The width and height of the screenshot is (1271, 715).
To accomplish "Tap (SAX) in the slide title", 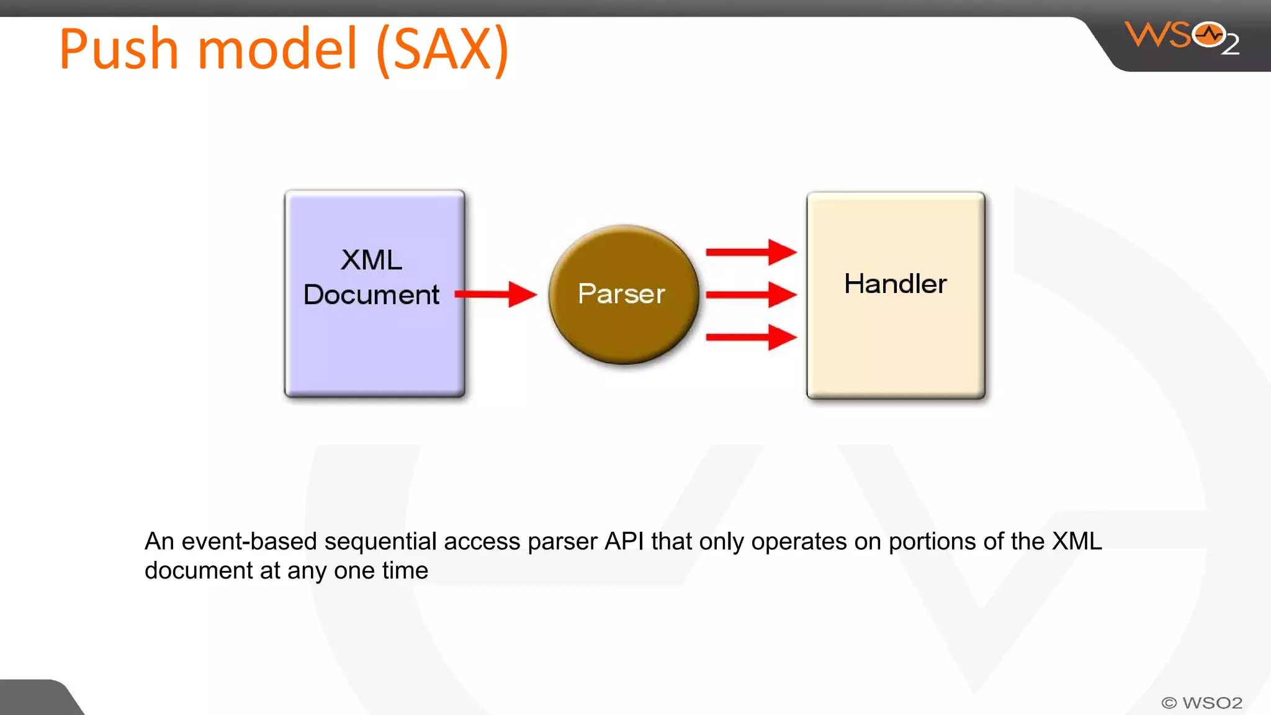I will point(442,50).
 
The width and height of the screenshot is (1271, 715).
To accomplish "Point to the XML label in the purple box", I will point(371,260).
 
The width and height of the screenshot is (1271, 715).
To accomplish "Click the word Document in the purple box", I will point(371,295).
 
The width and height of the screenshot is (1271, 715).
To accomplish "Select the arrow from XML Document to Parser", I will point(495,294).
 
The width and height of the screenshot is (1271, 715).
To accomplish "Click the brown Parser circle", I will point(623,294).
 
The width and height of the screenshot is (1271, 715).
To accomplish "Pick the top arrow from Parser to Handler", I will point(750,252).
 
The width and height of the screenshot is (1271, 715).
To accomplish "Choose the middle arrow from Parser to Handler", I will point(750,294).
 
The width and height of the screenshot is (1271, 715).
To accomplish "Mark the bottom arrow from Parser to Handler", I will point(750,337).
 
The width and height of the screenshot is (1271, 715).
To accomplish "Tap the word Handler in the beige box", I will point(895,284).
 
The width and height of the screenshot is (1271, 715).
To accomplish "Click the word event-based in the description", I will point(249,542).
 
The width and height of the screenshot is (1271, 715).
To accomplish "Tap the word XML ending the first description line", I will point(1077,542).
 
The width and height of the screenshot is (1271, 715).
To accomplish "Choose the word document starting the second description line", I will point(199,571).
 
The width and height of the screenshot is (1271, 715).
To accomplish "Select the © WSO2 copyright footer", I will point(1201,703).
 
